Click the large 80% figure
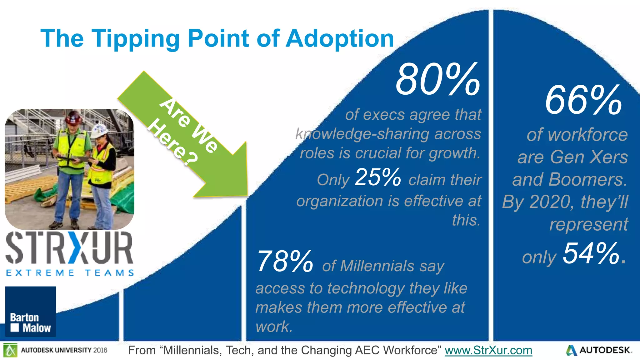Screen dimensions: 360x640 click(437, 80)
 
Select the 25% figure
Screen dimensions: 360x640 click(378, 177)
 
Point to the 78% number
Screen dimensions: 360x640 click(285, 262)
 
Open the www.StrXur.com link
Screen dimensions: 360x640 click(488, 350)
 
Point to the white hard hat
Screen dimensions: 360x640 click(99, 131)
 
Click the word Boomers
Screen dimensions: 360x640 click(587, 180)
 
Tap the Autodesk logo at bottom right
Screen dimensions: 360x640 click(598, 350)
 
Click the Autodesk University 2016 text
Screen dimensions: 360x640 click(64, 350)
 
